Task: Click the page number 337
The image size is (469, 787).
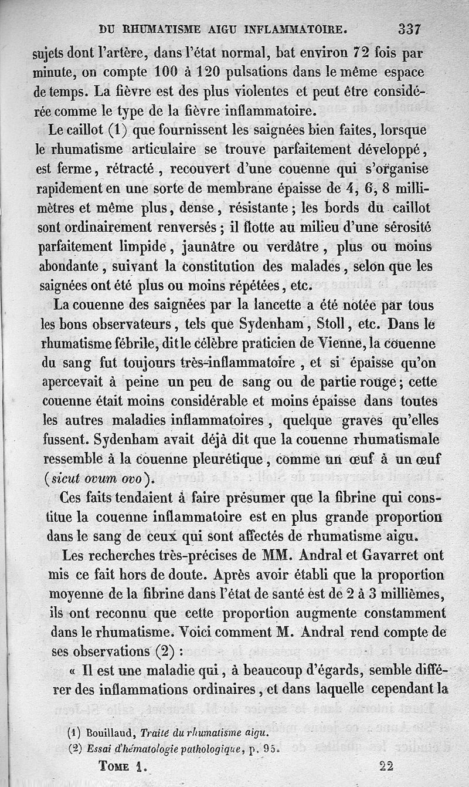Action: [x=409, y=29]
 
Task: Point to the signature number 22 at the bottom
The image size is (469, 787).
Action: [x=387, y=765]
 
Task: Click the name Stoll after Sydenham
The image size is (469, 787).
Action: [x=331, y=324]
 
